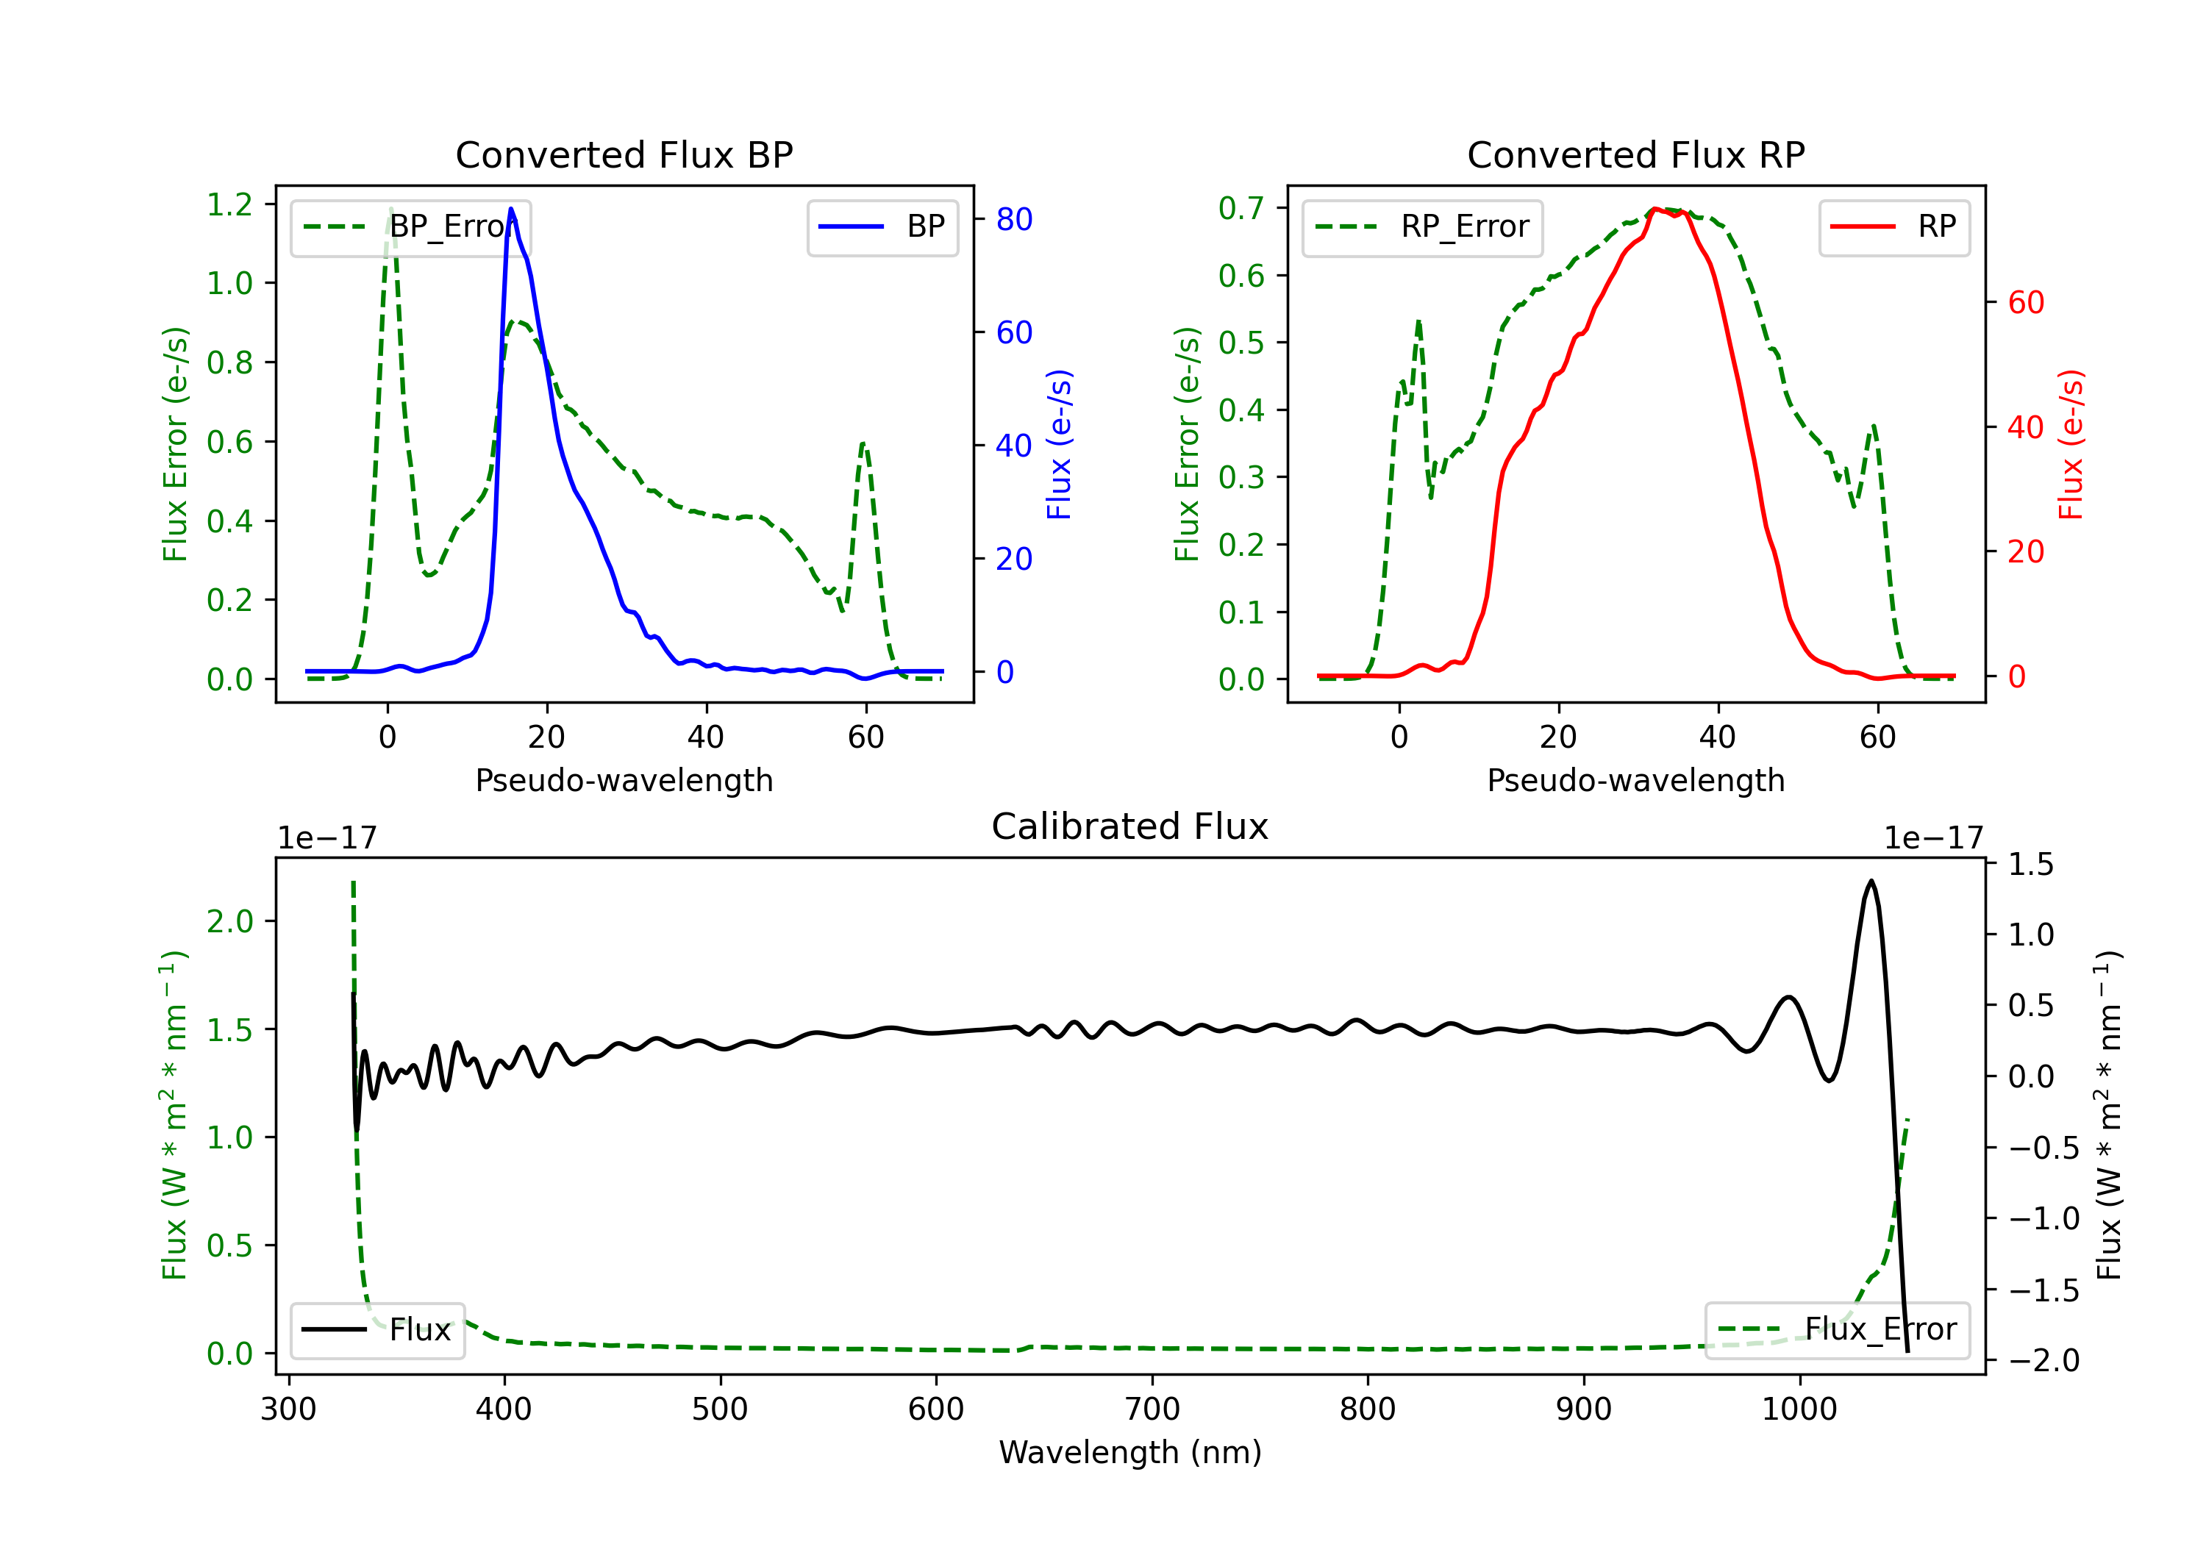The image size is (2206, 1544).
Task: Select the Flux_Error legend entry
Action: [1836, 1330]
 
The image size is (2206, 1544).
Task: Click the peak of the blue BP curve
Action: [511, 209]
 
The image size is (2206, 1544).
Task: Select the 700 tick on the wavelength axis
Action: [1152, 1409]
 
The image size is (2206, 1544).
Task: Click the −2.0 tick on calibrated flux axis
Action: [2043, 1360]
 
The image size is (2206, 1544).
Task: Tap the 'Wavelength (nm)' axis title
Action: [1130, 1453]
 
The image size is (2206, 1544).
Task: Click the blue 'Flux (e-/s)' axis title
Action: [1059, 444]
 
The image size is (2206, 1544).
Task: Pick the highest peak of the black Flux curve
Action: [1870, 881]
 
